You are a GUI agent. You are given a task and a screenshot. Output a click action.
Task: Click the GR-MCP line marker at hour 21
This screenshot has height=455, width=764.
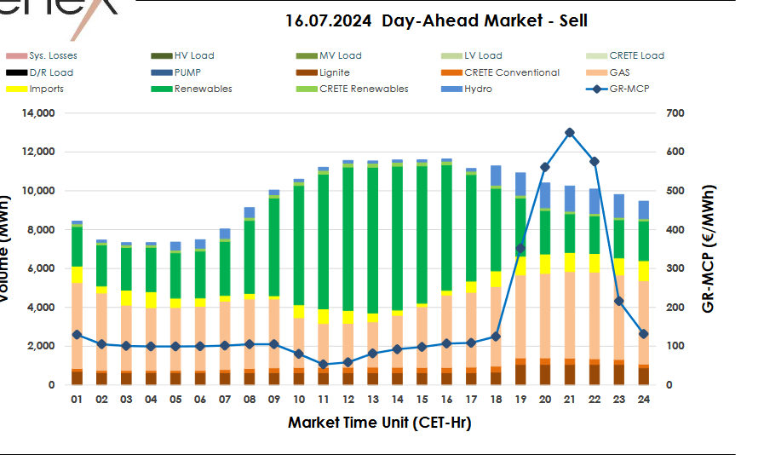(570, 133)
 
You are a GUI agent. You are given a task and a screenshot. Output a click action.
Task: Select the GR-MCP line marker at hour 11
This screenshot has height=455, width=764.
(324, 365)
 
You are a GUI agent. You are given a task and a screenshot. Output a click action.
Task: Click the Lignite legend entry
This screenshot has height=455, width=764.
(333, 72)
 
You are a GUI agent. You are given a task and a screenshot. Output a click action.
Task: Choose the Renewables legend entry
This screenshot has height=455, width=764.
(203, 89)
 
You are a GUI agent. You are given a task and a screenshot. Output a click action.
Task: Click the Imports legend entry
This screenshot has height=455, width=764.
(46, 89)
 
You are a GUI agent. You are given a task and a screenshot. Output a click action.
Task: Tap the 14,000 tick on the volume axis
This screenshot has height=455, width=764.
(37, 113)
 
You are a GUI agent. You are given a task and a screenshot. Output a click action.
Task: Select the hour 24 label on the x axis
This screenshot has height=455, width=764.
(644, 399)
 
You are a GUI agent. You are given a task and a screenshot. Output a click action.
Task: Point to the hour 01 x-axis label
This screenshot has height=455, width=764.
(77, 399)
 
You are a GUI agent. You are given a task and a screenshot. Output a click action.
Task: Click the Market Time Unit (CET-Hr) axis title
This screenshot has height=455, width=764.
(380, 422)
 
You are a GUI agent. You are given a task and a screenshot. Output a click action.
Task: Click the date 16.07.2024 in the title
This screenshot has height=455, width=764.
(329, 20)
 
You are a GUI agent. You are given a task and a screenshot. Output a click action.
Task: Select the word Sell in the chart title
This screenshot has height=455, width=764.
(568, 20)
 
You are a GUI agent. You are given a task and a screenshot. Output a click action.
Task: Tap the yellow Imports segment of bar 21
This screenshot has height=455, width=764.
(570, 262)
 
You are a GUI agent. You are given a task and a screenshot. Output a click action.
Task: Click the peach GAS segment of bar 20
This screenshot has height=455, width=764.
(545, 315)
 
